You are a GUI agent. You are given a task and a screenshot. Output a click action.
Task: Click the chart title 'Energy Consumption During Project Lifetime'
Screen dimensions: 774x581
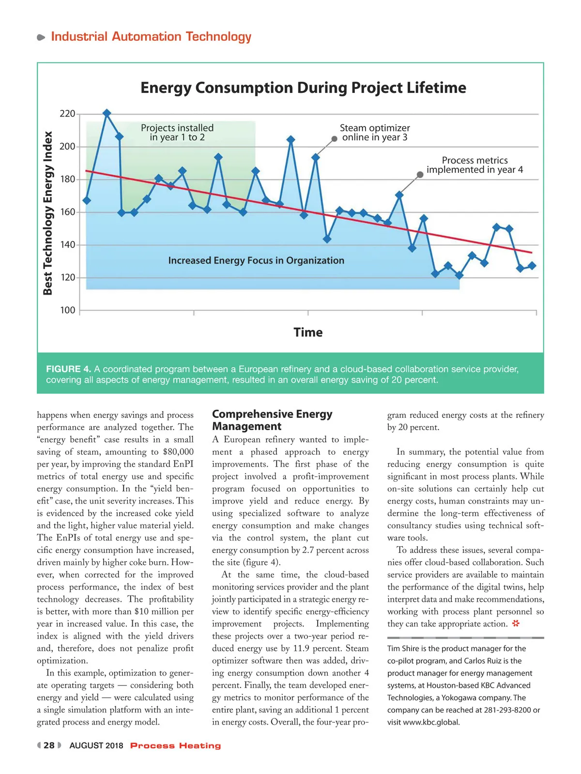pos(303,88)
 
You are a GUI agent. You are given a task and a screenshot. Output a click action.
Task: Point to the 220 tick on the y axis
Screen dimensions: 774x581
pos(67,114)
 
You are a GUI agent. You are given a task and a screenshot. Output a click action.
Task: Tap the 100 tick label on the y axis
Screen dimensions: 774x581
pos(67,310)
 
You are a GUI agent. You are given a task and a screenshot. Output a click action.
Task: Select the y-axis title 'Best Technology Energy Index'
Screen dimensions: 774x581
pos(47,213)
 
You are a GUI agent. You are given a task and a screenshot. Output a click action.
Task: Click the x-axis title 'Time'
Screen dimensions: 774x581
pos(308,332)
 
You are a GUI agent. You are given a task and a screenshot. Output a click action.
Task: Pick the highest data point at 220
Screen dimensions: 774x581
pos(107,113)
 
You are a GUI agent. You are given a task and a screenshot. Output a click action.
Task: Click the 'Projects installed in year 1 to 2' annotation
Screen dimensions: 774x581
pos(177,133)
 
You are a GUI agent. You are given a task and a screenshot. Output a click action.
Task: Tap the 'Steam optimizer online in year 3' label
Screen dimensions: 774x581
pos(375,133)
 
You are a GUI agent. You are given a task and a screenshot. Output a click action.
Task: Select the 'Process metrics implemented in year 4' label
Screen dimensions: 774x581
pos(474,165)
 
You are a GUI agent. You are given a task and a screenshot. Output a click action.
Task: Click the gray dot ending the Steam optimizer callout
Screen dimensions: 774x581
pos(334,139)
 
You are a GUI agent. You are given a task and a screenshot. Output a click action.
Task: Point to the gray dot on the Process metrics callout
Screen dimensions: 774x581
pos(420,175)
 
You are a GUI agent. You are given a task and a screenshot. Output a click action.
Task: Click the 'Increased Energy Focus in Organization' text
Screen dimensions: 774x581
pos(256,261)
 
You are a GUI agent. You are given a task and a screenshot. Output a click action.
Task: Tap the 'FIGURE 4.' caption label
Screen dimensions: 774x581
pos(68,369)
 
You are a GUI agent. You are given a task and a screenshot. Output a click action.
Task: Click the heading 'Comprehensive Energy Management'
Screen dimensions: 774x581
pos(272,420)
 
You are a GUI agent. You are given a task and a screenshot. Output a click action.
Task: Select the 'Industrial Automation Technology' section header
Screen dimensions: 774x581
pos(151,37)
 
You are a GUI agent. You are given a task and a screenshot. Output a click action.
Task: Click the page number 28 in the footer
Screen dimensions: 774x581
pos(49,745)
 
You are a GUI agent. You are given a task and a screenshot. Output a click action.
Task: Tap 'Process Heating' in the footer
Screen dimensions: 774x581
pos(175,745)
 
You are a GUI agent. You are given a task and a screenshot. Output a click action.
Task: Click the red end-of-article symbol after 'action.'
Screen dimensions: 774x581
pos(516,624)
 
